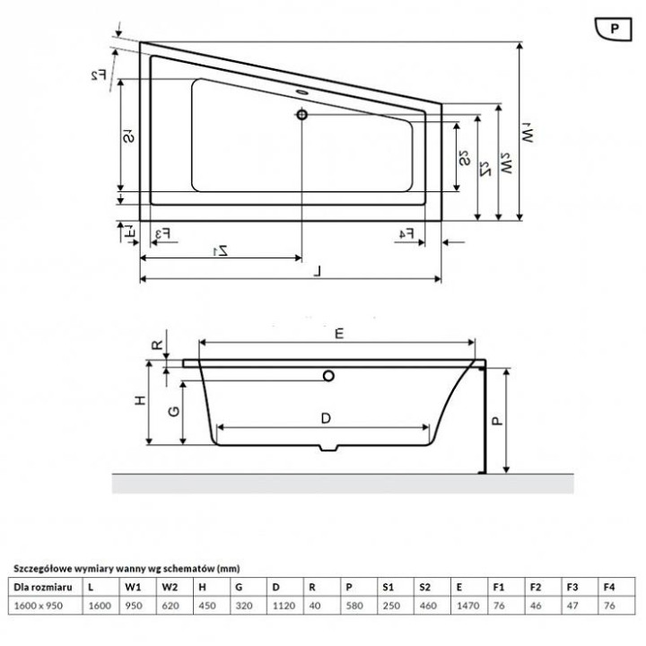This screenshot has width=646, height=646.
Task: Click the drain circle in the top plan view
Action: point(301,114)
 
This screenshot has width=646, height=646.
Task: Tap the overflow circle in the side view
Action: point(328,377)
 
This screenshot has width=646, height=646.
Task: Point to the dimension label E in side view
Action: point(339,334)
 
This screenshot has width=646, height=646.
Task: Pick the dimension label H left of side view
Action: point(140,403)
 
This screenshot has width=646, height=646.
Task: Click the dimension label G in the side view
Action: point(176,412)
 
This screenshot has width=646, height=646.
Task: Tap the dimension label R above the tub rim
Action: point(156,345)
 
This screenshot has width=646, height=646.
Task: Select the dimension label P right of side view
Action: point(499,418)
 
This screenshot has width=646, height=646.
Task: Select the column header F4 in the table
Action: point(609,587)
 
